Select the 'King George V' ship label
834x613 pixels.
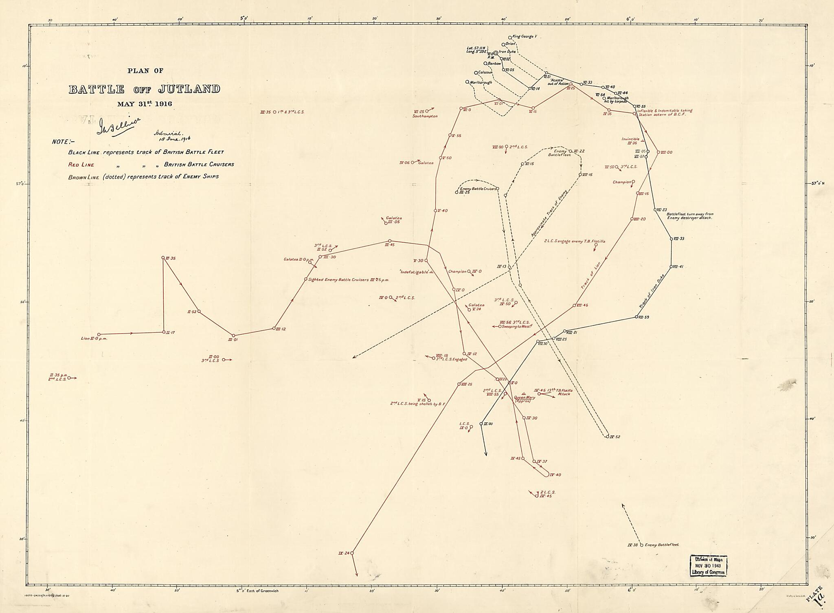point(525,37)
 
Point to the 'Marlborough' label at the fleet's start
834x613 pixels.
point(481,82)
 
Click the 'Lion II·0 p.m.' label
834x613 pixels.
point(94,338)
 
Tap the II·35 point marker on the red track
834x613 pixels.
point(163,257)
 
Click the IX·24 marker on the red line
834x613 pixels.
point(352,553)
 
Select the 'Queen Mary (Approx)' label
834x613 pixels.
point(524,399)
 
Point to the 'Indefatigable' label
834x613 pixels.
point(414,272)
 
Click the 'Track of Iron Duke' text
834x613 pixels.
point(652,291)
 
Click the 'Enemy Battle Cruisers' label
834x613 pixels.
point(478,189)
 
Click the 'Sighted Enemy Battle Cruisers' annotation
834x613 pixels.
point(349,280)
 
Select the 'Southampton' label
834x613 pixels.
point(425,116)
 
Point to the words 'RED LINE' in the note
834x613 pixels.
point(81,165)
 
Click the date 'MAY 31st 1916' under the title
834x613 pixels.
point(145,103)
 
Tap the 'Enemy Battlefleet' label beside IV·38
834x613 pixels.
point(662,545)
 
